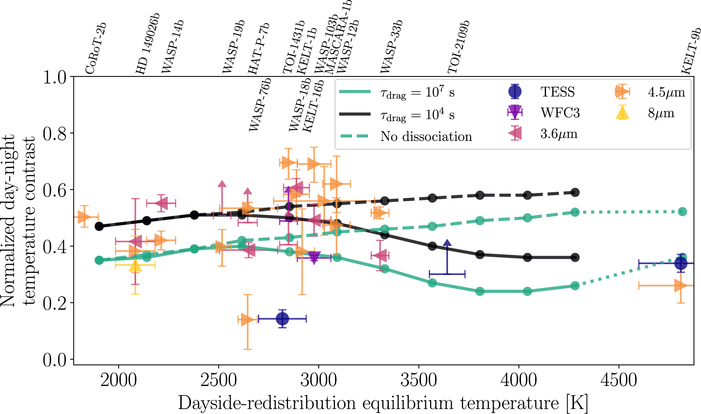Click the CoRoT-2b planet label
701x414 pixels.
[x=95, y=48]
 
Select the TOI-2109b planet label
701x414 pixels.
[x=459, y=47]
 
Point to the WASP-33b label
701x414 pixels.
[x=391, y=47]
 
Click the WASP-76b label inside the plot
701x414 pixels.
[x=260, y=104]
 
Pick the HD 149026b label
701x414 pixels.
[x=148, y=44]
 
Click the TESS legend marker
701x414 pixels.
[x=515, y=91]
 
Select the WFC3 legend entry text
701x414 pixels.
[x=560, y=113]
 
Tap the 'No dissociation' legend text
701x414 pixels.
[x=426, y=136]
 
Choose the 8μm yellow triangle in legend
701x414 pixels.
[x=622, y=113]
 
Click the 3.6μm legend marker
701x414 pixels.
[x=515, y=133]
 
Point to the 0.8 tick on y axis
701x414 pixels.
[x=55, y=133]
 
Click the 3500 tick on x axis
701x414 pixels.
[x=419, y=380]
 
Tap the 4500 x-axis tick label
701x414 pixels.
[x=619, y=380]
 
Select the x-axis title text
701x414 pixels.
[x=383, y=403]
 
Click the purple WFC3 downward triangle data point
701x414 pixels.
[x=314, y=258]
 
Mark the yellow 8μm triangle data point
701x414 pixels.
[x=135, y=266]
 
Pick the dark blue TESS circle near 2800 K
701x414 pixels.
[x=282, y=319]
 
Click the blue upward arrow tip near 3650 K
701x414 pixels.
[x=447, y=243]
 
